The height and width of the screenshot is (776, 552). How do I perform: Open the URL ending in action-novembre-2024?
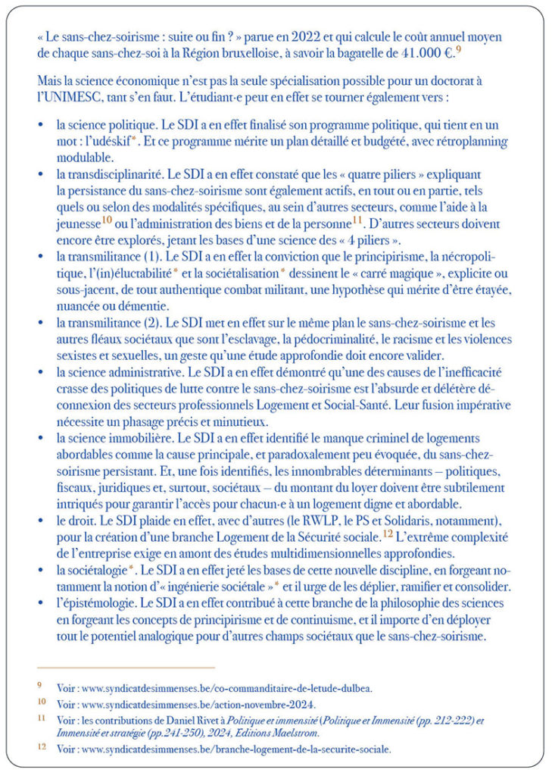pos(178,702)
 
